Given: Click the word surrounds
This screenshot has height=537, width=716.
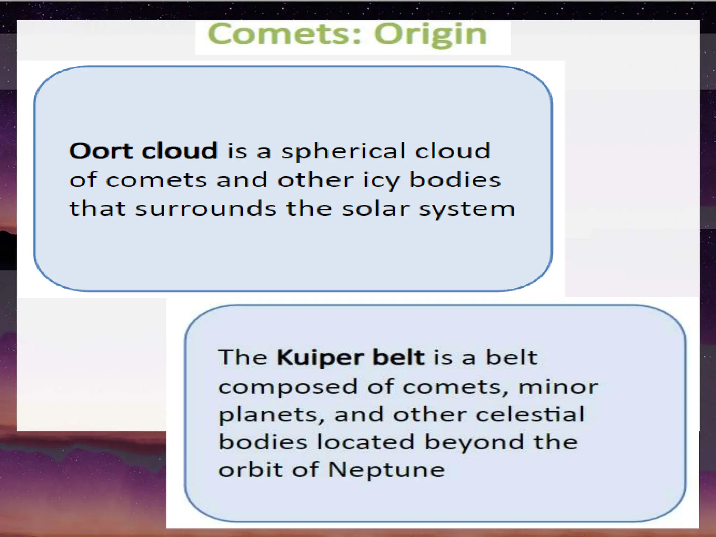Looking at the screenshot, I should pyautogui.click(x=206, y=209).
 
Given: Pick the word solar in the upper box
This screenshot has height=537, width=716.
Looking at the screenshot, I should pyautogui.click(x=375, y=209).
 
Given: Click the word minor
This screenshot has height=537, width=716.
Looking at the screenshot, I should pyautogui.click(x=558, y=387).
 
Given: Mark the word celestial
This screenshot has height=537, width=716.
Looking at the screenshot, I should pyautogui.click(x=530, y=414).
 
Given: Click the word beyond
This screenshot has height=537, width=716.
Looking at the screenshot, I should pyautogui.click(x=474, y=442).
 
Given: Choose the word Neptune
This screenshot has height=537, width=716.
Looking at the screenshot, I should pyautogui.click(x=386, y=470).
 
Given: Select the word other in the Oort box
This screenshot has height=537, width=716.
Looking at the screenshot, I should pyautogui.click(x=315, y=180).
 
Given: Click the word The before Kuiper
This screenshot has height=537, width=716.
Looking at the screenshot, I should pyautogui.click(x=243, y=357).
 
